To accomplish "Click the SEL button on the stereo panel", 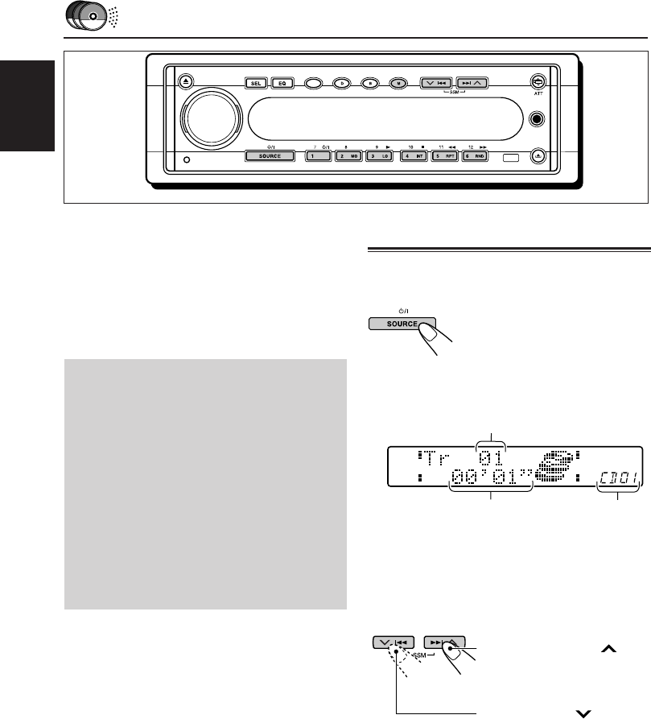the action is (x=256, y=83).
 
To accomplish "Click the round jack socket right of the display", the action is (x=538, y=118).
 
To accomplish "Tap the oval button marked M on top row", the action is (x=397, y=82).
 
